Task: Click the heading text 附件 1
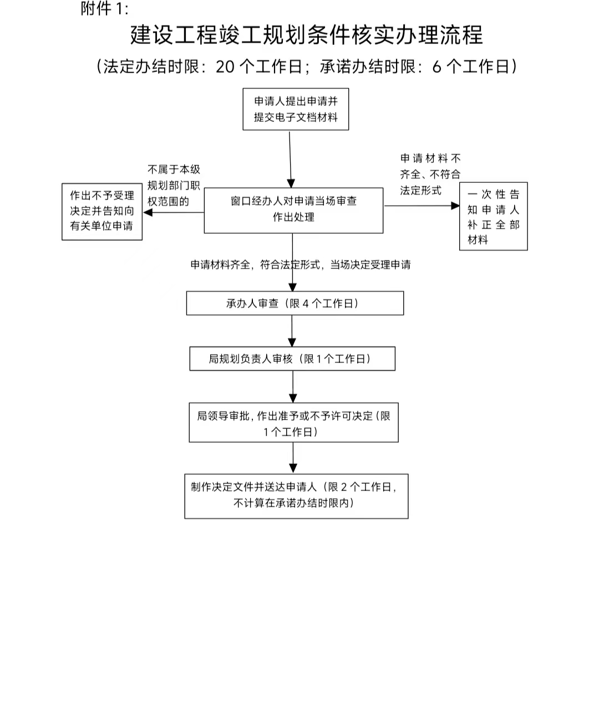point(104,9)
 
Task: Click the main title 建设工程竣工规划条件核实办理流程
point(306,35)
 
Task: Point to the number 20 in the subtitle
point(226,66)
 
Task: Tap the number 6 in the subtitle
point(436,66)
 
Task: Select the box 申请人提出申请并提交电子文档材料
point(296,109)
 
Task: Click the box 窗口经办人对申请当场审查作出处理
point(293,210)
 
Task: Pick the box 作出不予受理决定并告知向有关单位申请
point(102,211)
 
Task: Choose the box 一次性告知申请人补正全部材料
point(493,217)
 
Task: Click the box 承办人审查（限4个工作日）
point(295,304)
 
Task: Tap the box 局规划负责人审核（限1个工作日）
point(292,359)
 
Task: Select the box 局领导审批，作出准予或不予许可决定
point(293,423)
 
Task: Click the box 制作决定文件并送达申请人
point(296,496)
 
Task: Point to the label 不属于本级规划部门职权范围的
point(174,186)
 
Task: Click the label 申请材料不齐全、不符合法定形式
point(430,175)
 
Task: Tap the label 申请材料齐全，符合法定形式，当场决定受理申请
point(301,265)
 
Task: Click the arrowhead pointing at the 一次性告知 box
point(455,206)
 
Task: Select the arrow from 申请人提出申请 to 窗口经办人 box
point(290,158)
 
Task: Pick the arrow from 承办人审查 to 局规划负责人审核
point(292,331)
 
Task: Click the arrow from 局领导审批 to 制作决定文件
point(293,458)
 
